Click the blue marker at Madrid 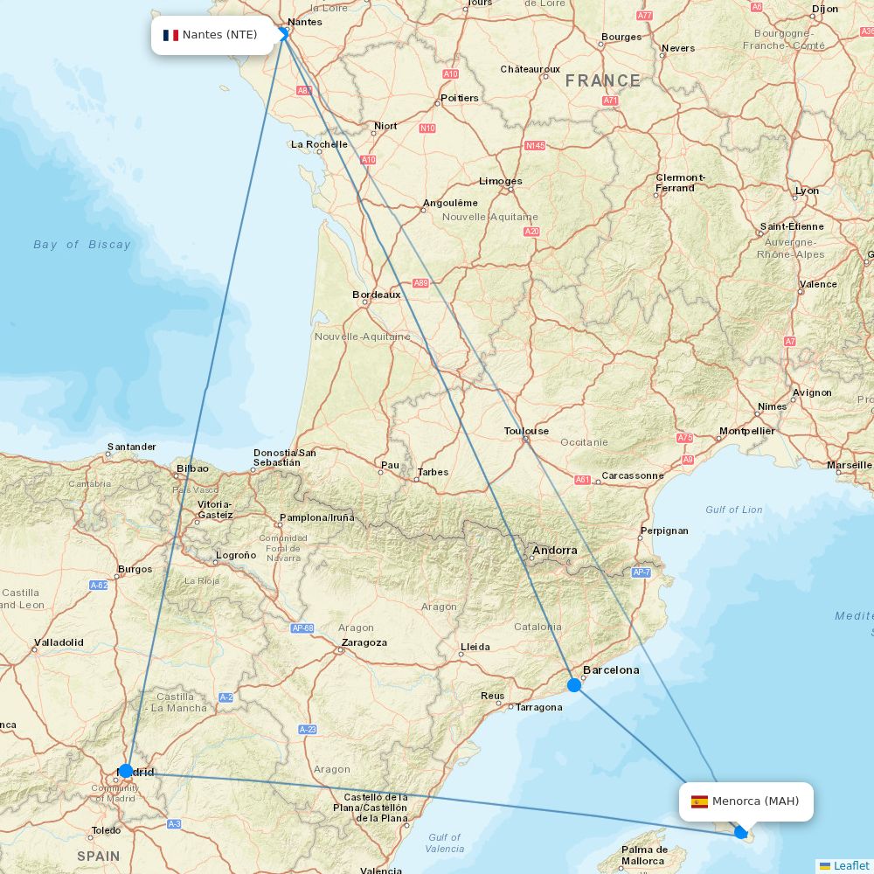[x=126, y=771]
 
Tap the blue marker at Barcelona [x=574, y=685]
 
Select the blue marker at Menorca [x=741, y=832]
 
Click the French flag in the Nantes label [x=170, y=35]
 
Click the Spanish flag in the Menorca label [x=699, y=801]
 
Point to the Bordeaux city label [x=376, y=295]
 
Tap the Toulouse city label [x=526, y=431]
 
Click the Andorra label [x=554, y=551]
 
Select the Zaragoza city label [x=364, y=642]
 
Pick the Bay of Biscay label [x=82, y=245]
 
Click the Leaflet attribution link [x=850, y=865]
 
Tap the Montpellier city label [x=746, y=431]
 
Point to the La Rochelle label [x=319, y=144]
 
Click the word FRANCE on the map [x=602, y=81]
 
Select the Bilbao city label [x=192, y=468]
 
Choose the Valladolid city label [x=59, y=642]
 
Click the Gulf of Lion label [x=733, y=510]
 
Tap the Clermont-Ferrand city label [x=680, y=183]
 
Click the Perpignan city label [x=664, y=531]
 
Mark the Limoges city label [x=500, y=181]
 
